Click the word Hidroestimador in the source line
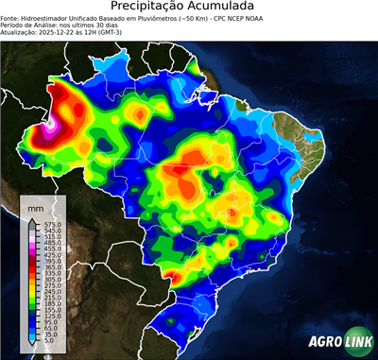coord(59,17)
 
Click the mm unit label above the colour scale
coord(36,206)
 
